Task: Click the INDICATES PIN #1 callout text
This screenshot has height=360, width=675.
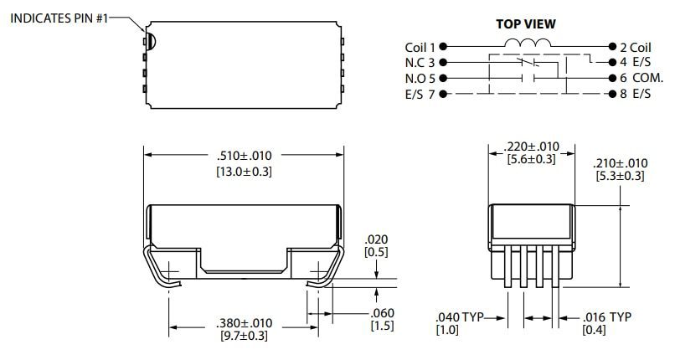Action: click(x=59, y=18)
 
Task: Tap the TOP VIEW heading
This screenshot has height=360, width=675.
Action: click(x=526, y=24)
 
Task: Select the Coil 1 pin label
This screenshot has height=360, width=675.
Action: click(x=421, y=47)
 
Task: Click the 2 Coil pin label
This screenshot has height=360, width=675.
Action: click(x=633, y=47)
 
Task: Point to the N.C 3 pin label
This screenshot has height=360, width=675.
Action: click(x=420, y=62)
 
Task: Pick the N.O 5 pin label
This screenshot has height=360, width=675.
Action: click(x=420, y=78)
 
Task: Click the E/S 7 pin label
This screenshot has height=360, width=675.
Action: click(x=421, y=94)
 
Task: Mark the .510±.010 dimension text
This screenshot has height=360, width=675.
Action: click(x=244, y=156)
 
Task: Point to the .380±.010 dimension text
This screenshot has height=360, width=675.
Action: click(x=243, y=323)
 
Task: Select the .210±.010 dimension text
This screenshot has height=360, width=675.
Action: click(x=620, y=162)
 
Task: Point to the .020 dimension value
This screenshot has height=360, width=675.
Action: click(x=379, y=239)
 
